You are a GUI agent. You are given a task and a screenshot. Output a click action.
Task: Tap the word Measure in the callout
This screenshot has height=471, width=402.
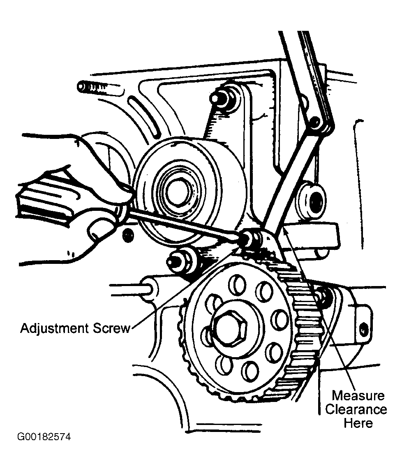pyautogui.click(x=358, y=396)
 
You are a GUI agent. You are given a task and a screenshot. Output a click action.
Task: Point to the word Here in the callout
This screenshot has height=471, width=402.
pyautogui.click(x=358, y=423)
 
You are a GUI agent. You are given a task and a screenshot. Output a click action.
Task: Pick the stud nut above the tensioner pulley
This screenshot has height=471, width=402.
pyautogui.click(x=221, y=97)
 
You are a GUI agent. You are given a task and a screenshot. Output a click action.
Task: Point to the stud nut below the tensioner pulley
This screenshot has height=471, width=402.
pyautogui.click(x=180, y=260)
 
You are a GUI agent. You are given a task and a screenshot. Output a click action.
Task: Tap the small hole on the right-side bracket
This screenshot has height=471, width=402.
pyautogui.click(x=363, y=329)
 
